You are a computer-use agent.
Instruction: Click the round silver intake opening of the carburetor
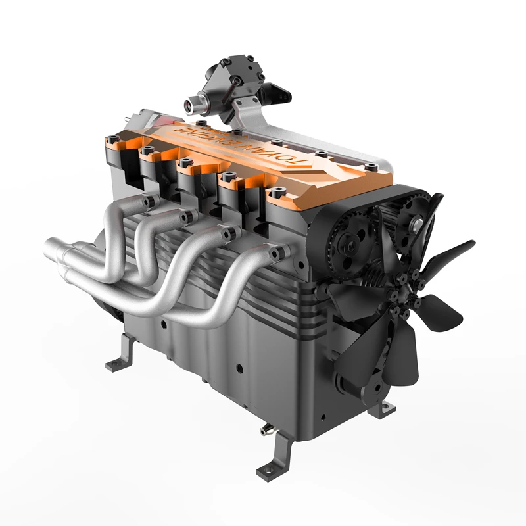click(191, 103)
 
